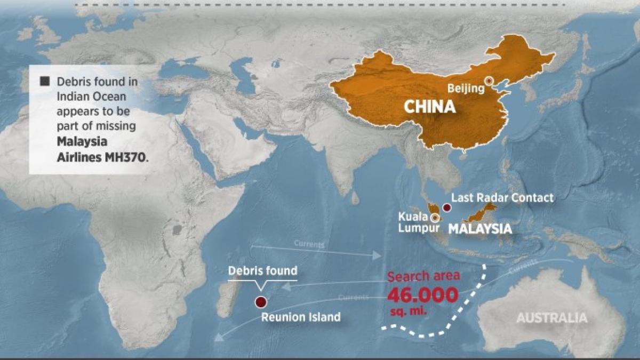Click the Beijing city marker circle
click(x=489, y=82)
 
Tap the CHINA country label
click(x=429, y=107)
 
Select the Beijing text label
click(x=466, y=88)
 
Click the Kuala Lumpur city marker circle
click(x=435, y=218)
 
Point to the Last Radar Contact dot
click(x=446, y=207)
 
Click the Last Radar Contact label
click(x=502, y=198)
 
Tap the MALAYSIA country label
click(x=479, y=229)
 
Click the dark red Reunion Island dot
click(x=260, y=302)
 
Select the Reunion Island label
click(x=300, y=317)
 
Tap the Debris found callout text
click(x=262, y=270)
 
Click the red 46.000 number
click(x=422, y=295)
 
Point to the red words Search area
click(x=422, y=277)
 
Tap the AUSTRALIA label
click(x=551, y=318)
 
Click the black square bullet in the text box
click(x=45, y=82)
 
